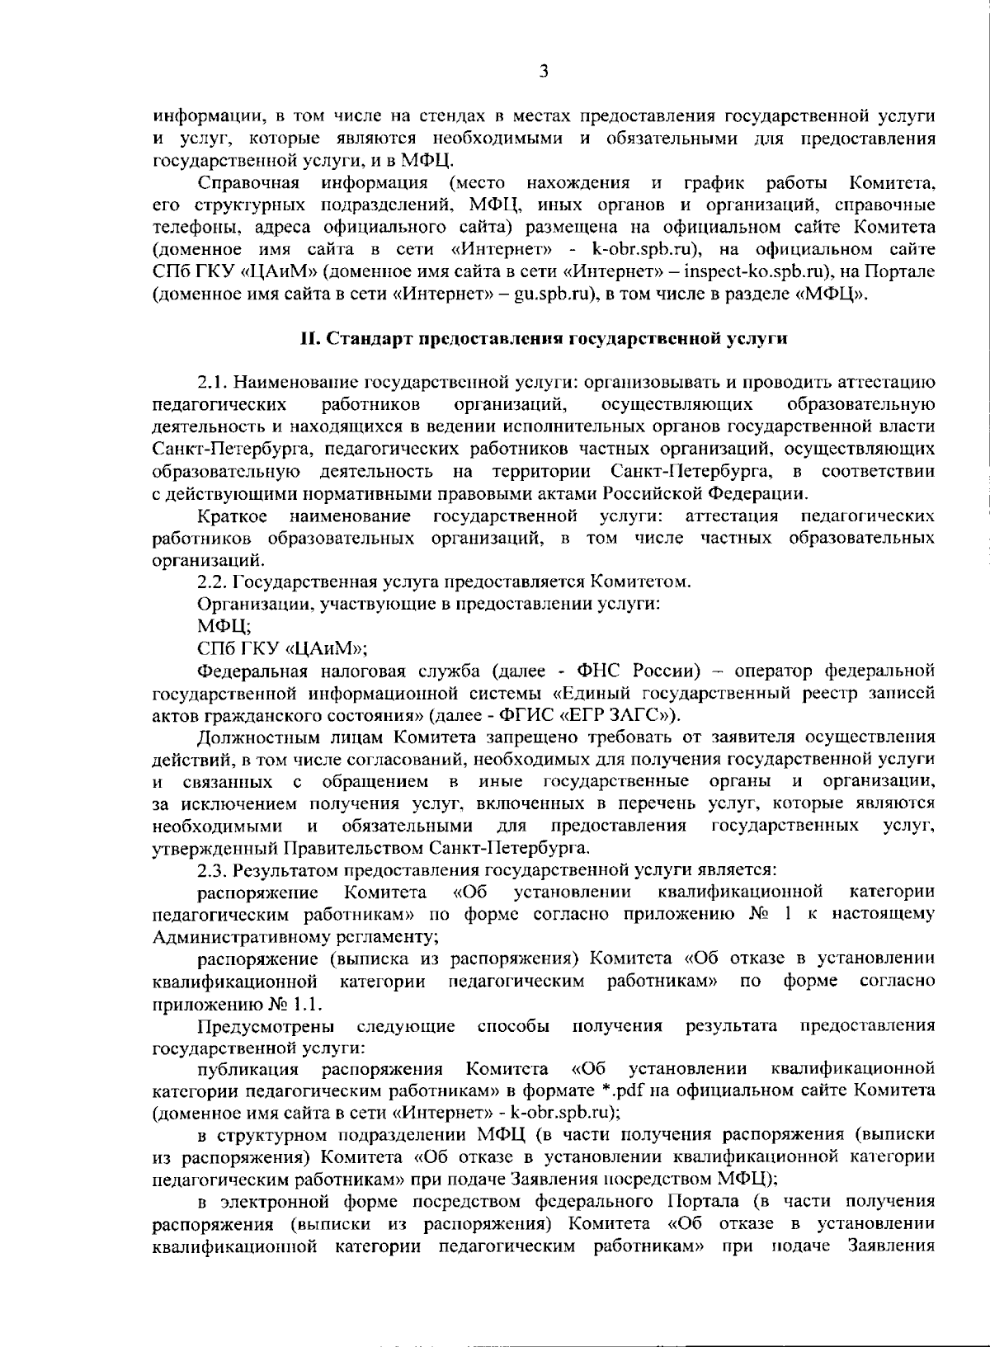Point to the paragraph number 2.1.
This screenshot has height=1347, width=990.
[x=213, y=383]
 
